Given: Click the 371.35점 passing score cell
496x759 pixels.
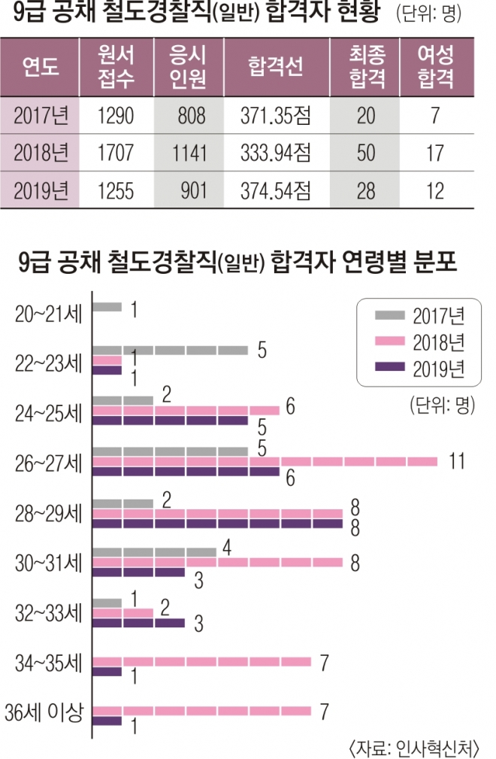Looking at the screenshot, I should point(276,115).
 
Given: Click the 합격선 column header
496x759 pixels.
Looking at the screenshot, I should point(274,66).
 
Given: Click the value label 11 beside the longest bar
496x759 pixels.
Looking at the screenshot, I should point(455,461).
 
